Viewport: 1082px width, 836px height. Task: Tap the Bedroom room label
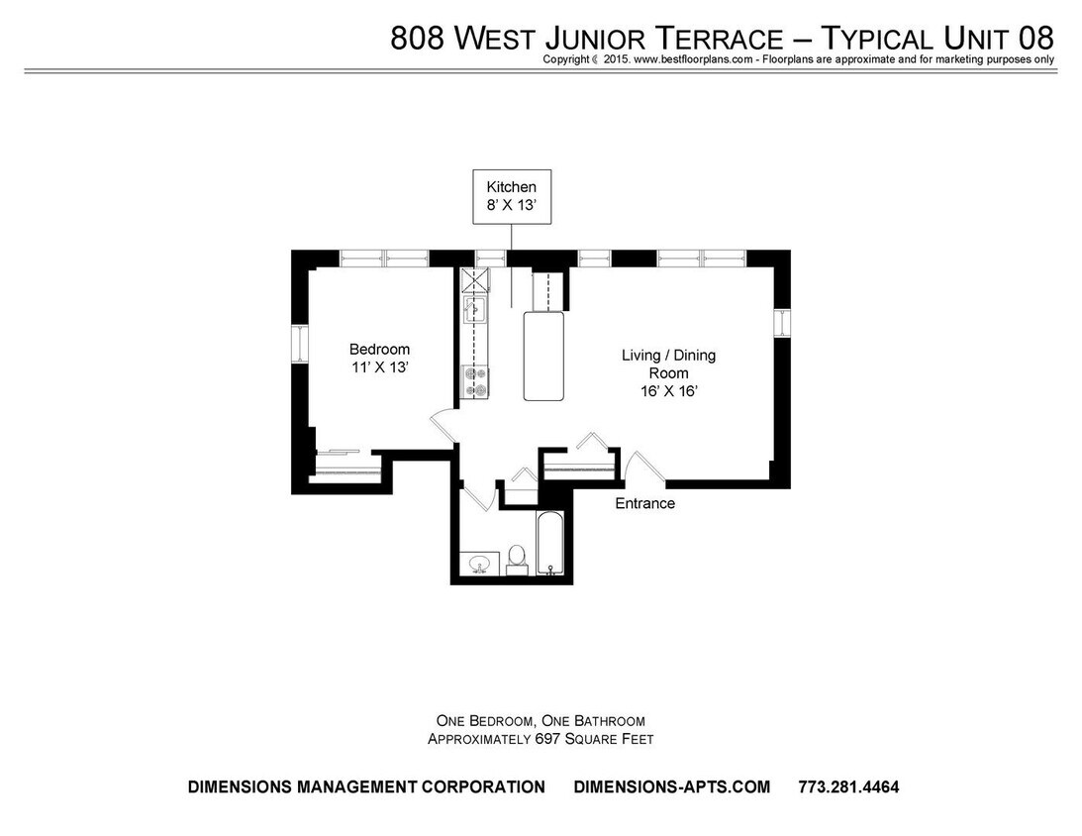point(379,350)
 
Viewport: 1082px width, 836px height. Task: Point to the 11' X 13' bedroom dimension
point(379,367)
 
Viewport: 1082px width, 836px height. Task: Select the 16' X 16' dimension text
point(668,390)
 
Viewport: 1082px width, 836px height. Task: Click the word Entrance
point(644,503)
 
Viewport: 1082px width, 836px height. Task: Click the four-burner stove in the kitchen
point(475,381)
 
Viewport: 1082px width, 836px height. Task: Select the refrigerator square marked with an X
point(475,279)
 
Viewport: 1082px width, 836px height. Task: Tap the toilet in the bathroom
point(516,558)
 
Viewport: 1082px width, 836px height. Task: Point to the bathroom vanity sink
point(481,564)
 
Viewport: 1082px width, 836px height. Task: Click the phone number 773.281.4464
point(848,787)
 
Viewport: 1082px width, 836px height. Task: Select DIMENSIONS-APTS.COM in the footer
point(671,787)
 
